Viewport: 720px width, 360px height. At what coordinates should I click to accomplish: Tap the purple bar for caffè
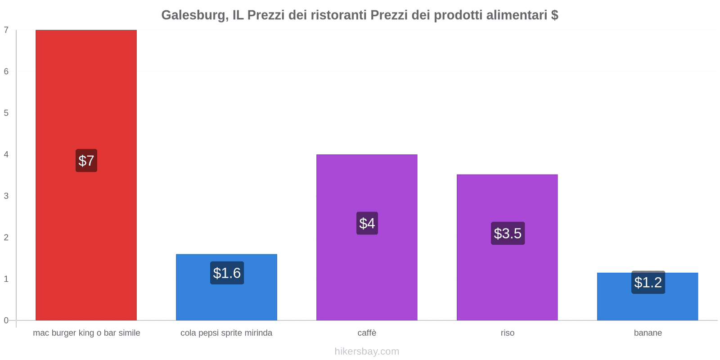(367, 270)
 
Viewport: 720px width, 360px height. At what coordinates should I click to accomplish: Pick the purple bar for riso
(507, 279)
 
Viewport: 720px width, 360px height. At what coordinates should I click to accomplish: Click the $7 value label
(86, 161)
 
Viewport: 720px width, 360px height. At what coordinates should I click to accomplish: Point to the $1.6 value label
(227, 273)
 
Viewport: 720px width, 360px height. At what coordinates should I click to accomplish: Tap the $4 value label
(367, 223)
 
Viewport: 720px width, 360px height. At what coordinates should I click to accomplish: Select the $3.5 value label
(508, 234)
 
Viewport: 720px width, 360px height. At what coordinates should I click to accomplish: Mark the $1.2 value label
(648, 283)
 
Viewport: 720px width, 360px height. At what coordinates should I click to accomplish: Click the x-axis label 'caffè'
(367, 333)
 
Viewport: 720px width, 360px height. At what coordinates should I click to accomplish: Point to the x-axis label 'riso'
(508, 333)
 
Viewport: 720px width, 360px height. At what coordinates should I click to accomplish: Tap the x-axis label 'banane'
(648, 333)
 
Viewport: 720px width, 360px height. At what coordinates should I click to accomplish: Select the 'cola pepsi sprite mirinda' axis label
(226, 333)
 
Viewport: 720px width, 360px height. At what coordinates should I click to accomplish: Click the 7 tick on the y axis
(6, 30)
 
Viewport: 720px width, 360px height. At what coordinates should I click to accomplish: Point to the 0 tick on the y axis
(6, 320)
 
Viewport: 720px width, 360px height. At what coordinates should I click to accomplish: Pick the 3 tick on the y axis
(6, 196)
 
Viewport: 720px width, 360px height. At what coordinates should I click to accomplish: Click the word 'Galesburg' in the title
(193, 15)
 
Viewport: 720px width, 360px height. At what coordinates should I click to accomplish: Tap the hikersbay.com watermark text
(367, 351)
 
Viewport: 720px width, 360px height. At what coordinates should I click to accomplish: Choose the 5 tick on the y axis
(6, 113)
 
